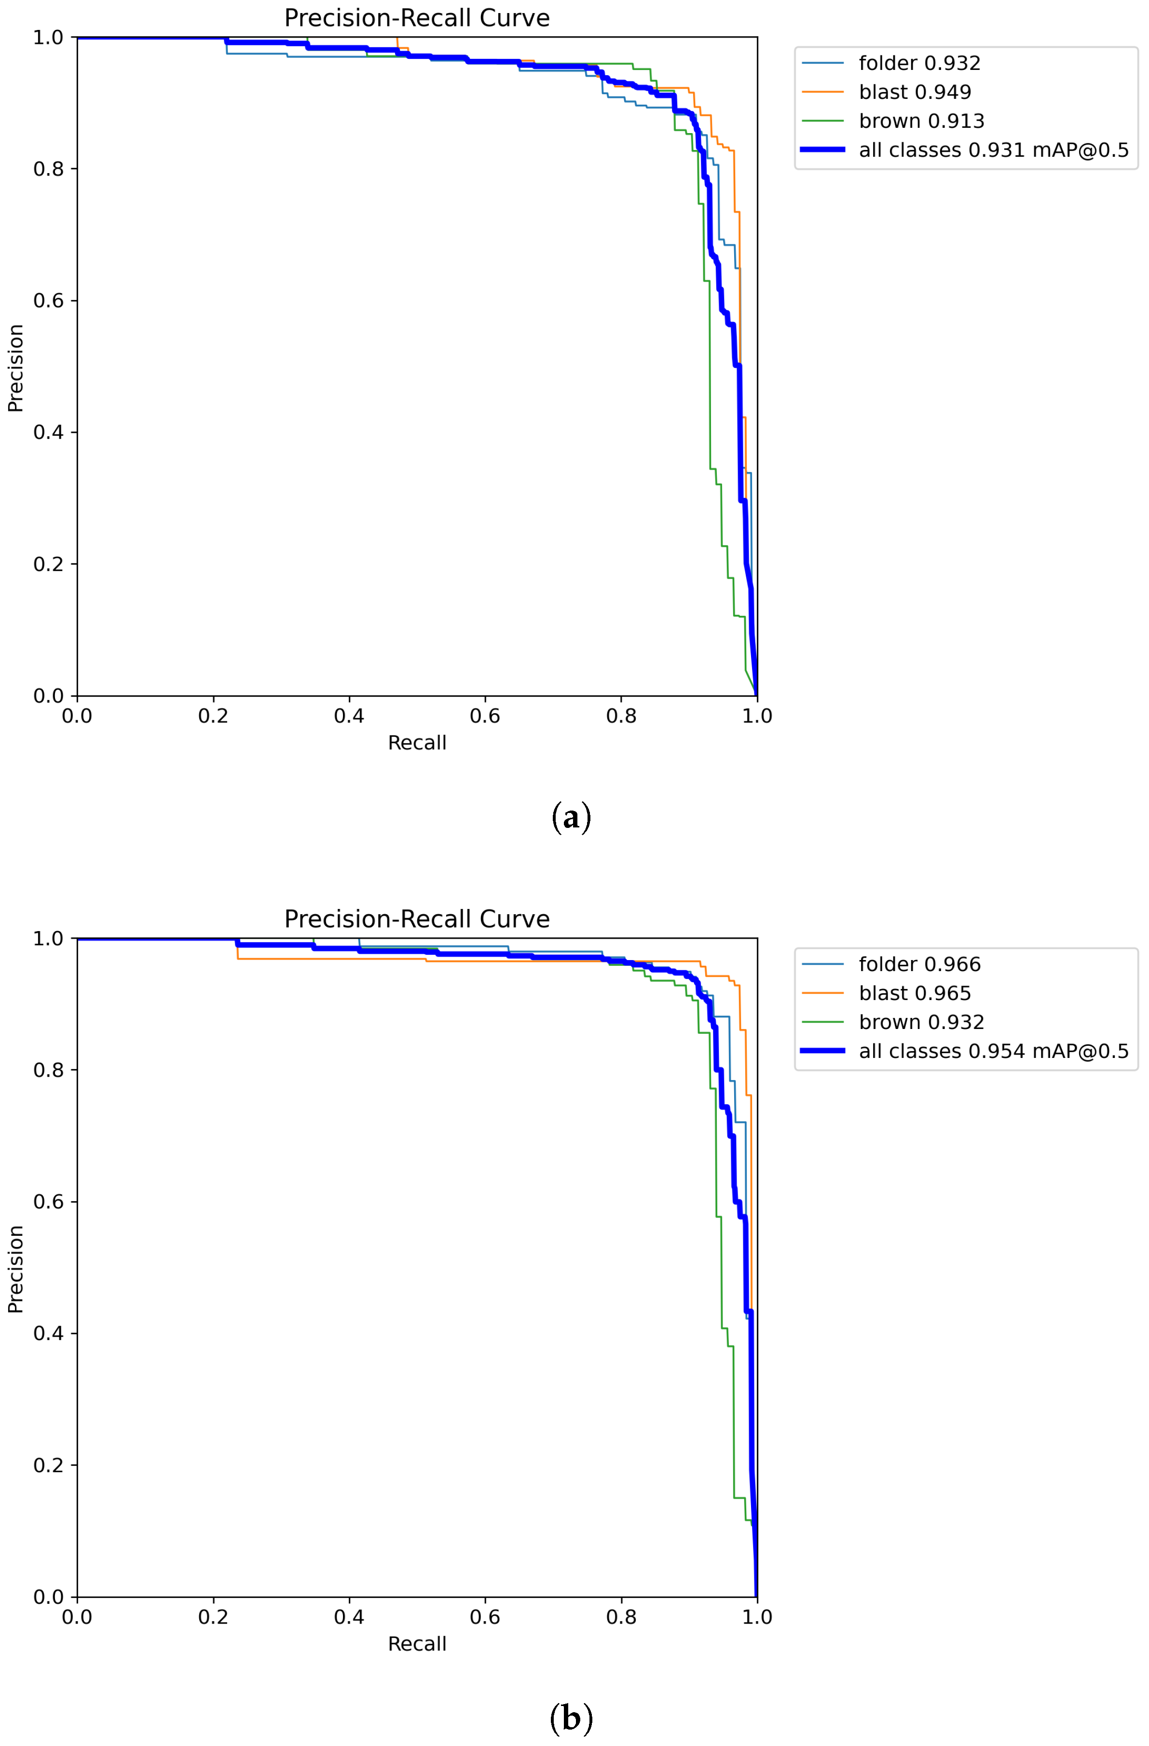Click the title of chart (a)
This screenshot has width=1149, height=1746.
click(x=417, y=18)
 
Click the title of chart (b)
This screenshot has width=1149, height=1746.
click(x=417, y=919)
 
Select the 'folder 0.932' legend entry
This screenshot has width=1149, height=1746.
click(x=919, y=63)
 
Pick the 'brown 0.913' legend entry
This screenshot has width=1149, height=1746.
click(x=921, y=121)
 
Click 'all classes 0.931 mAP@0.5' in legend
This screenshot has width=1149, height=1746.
click(x=994, y=150)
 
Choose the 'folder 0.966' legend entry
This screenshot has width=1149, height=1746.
click(x=919, y=964)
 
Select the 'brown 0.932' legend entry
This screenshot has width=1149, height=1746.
click(x=921, y=1022)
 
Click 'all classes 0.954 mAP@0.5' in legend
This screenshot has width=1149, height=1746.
click(x=994, y=1051)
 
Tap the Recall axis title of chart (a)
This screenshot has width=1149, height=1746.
click(x=417, y=743)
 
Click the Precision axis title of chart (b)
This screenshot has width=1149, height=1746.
click(x=16, y=1269)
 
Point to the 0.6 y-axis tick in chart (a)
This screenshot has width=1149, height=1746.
click(x=48, y=301)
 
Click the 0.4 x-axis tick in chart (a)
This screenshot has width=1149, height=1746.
click(x=349, y=716)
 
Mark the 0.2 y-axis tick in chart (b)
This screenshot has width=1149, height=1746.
click(x=48, y=1466)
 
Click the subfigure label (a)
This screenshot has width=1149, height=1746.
click(x=571, y=817)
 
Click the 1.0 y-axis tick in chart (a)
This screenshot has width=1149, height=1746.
click(x=48, y=38)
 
